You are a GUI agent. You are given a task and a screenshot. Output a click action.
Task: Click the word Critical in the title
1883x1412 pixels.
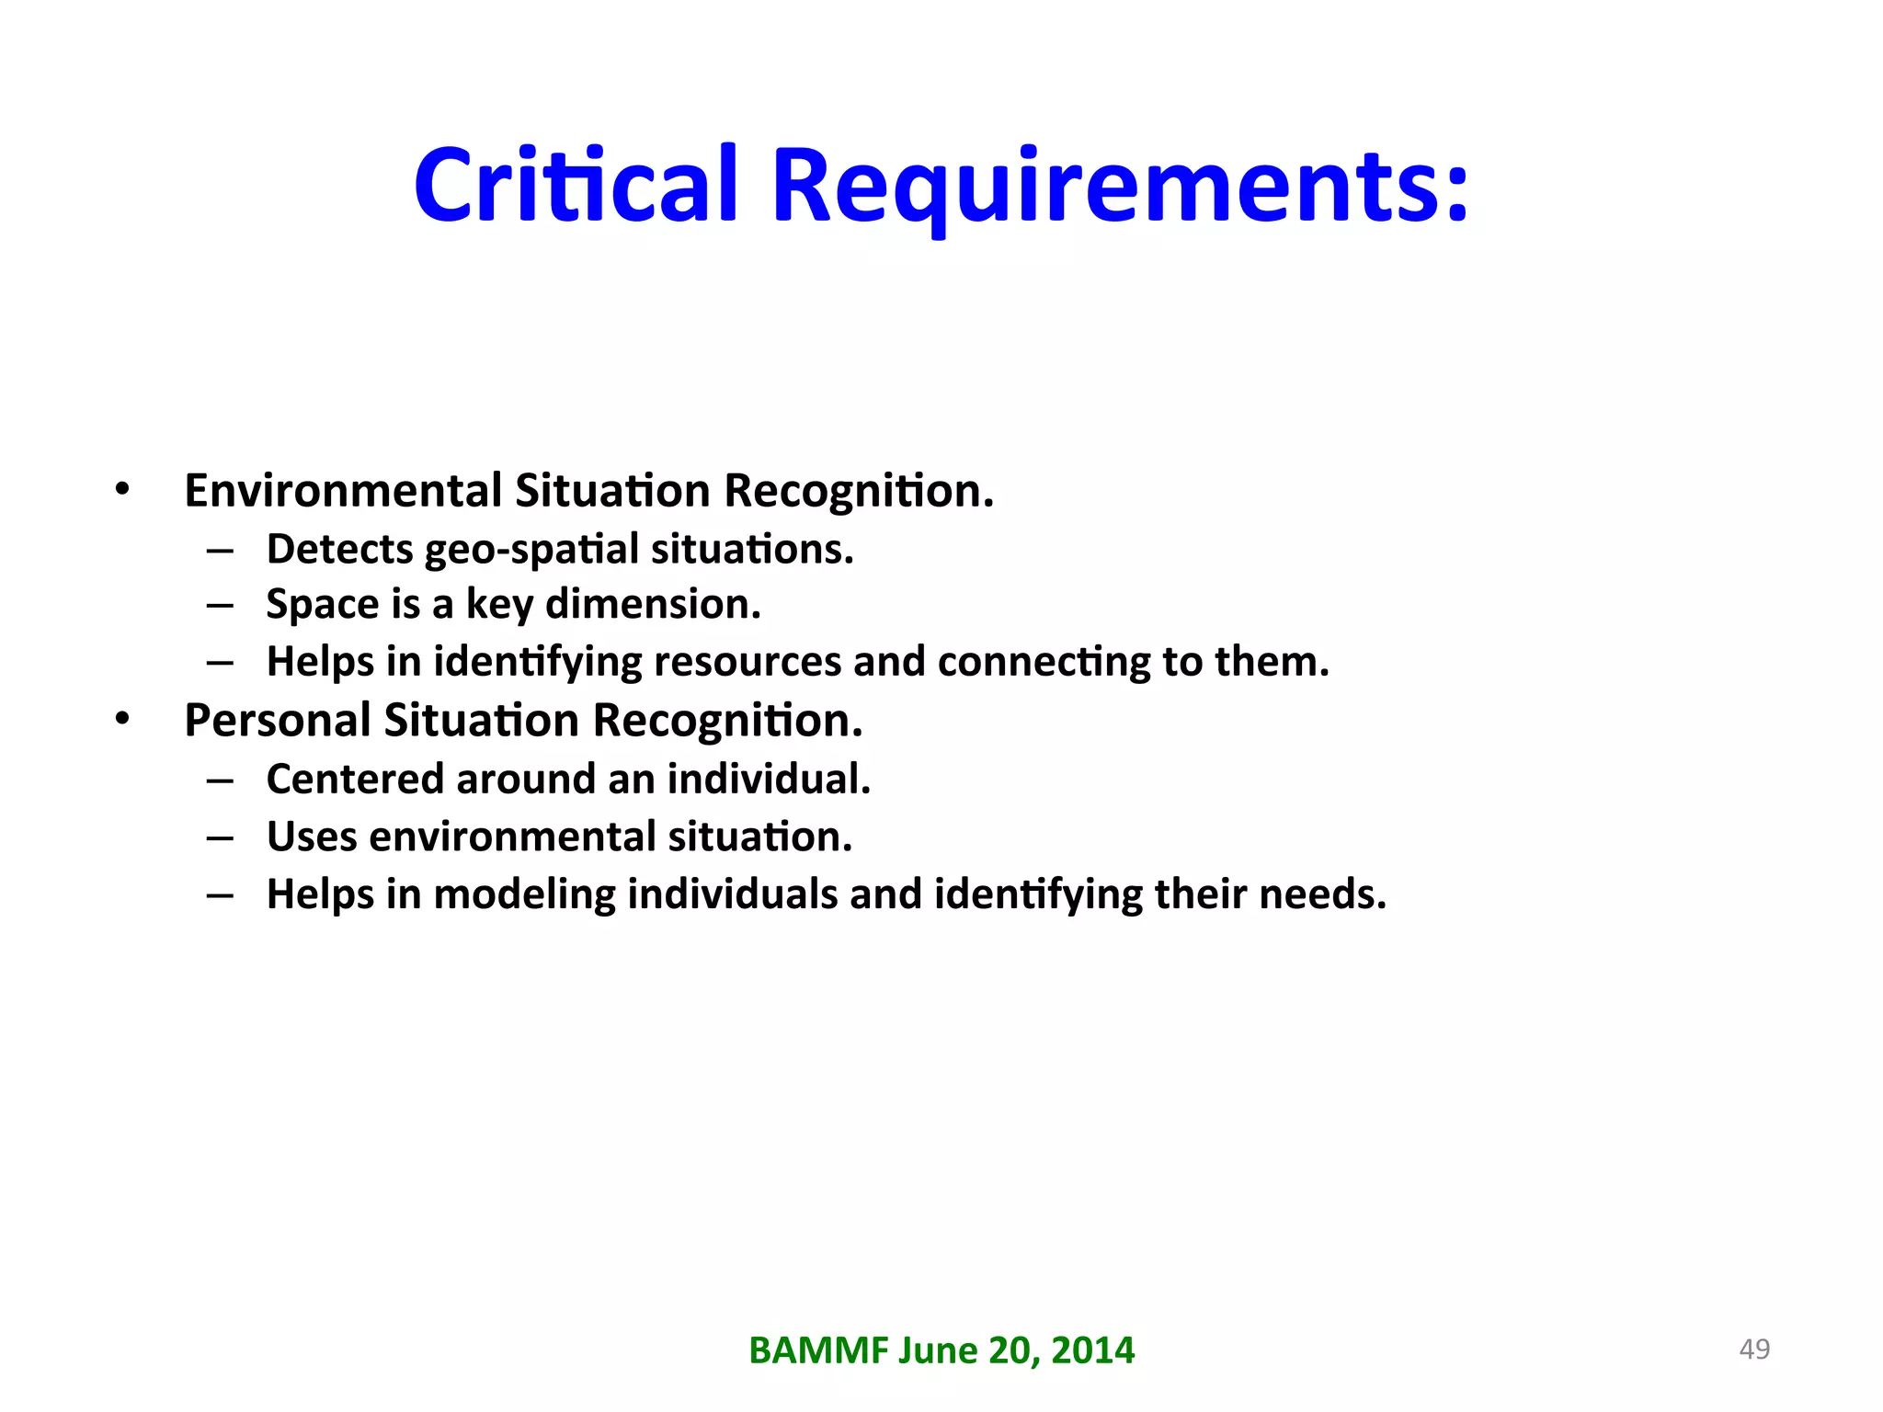click(x=576, y=186)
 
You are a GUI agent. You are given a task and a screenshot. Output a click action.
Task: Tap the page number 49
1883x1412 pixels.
click(x=1754, y=1349)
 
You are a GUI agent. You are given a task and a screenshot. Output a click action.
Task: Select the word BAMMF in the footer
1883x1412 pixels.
click(x=818, y=1350)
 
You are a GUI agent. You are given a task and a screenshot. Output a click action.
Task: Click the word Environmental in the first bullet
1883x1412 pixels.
click(x=343, y=490)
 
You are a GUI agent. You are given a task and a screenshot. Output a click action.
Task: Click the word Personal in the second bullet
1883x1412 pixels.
click(x=277, y=720)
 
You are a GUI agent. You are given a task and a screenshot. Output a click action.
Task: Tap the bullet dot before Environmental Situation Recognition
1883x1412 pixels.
click(x=122, y=489)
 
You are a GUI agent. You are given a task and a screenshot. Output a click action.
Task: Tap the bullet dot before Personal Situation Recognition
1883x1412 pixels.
click(x=122, y=719)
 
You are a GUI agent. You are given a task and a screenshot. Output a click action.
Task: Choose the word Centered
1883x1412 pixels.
click(x=355, y=779)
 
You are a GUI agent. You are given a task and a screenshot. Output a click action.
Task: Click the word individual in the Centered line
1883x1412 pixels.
click(x=767, y=779)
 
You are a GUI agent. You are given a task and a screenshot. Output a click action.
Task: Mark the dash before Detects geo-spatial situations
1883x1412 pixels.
click(x=220, y=551)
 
